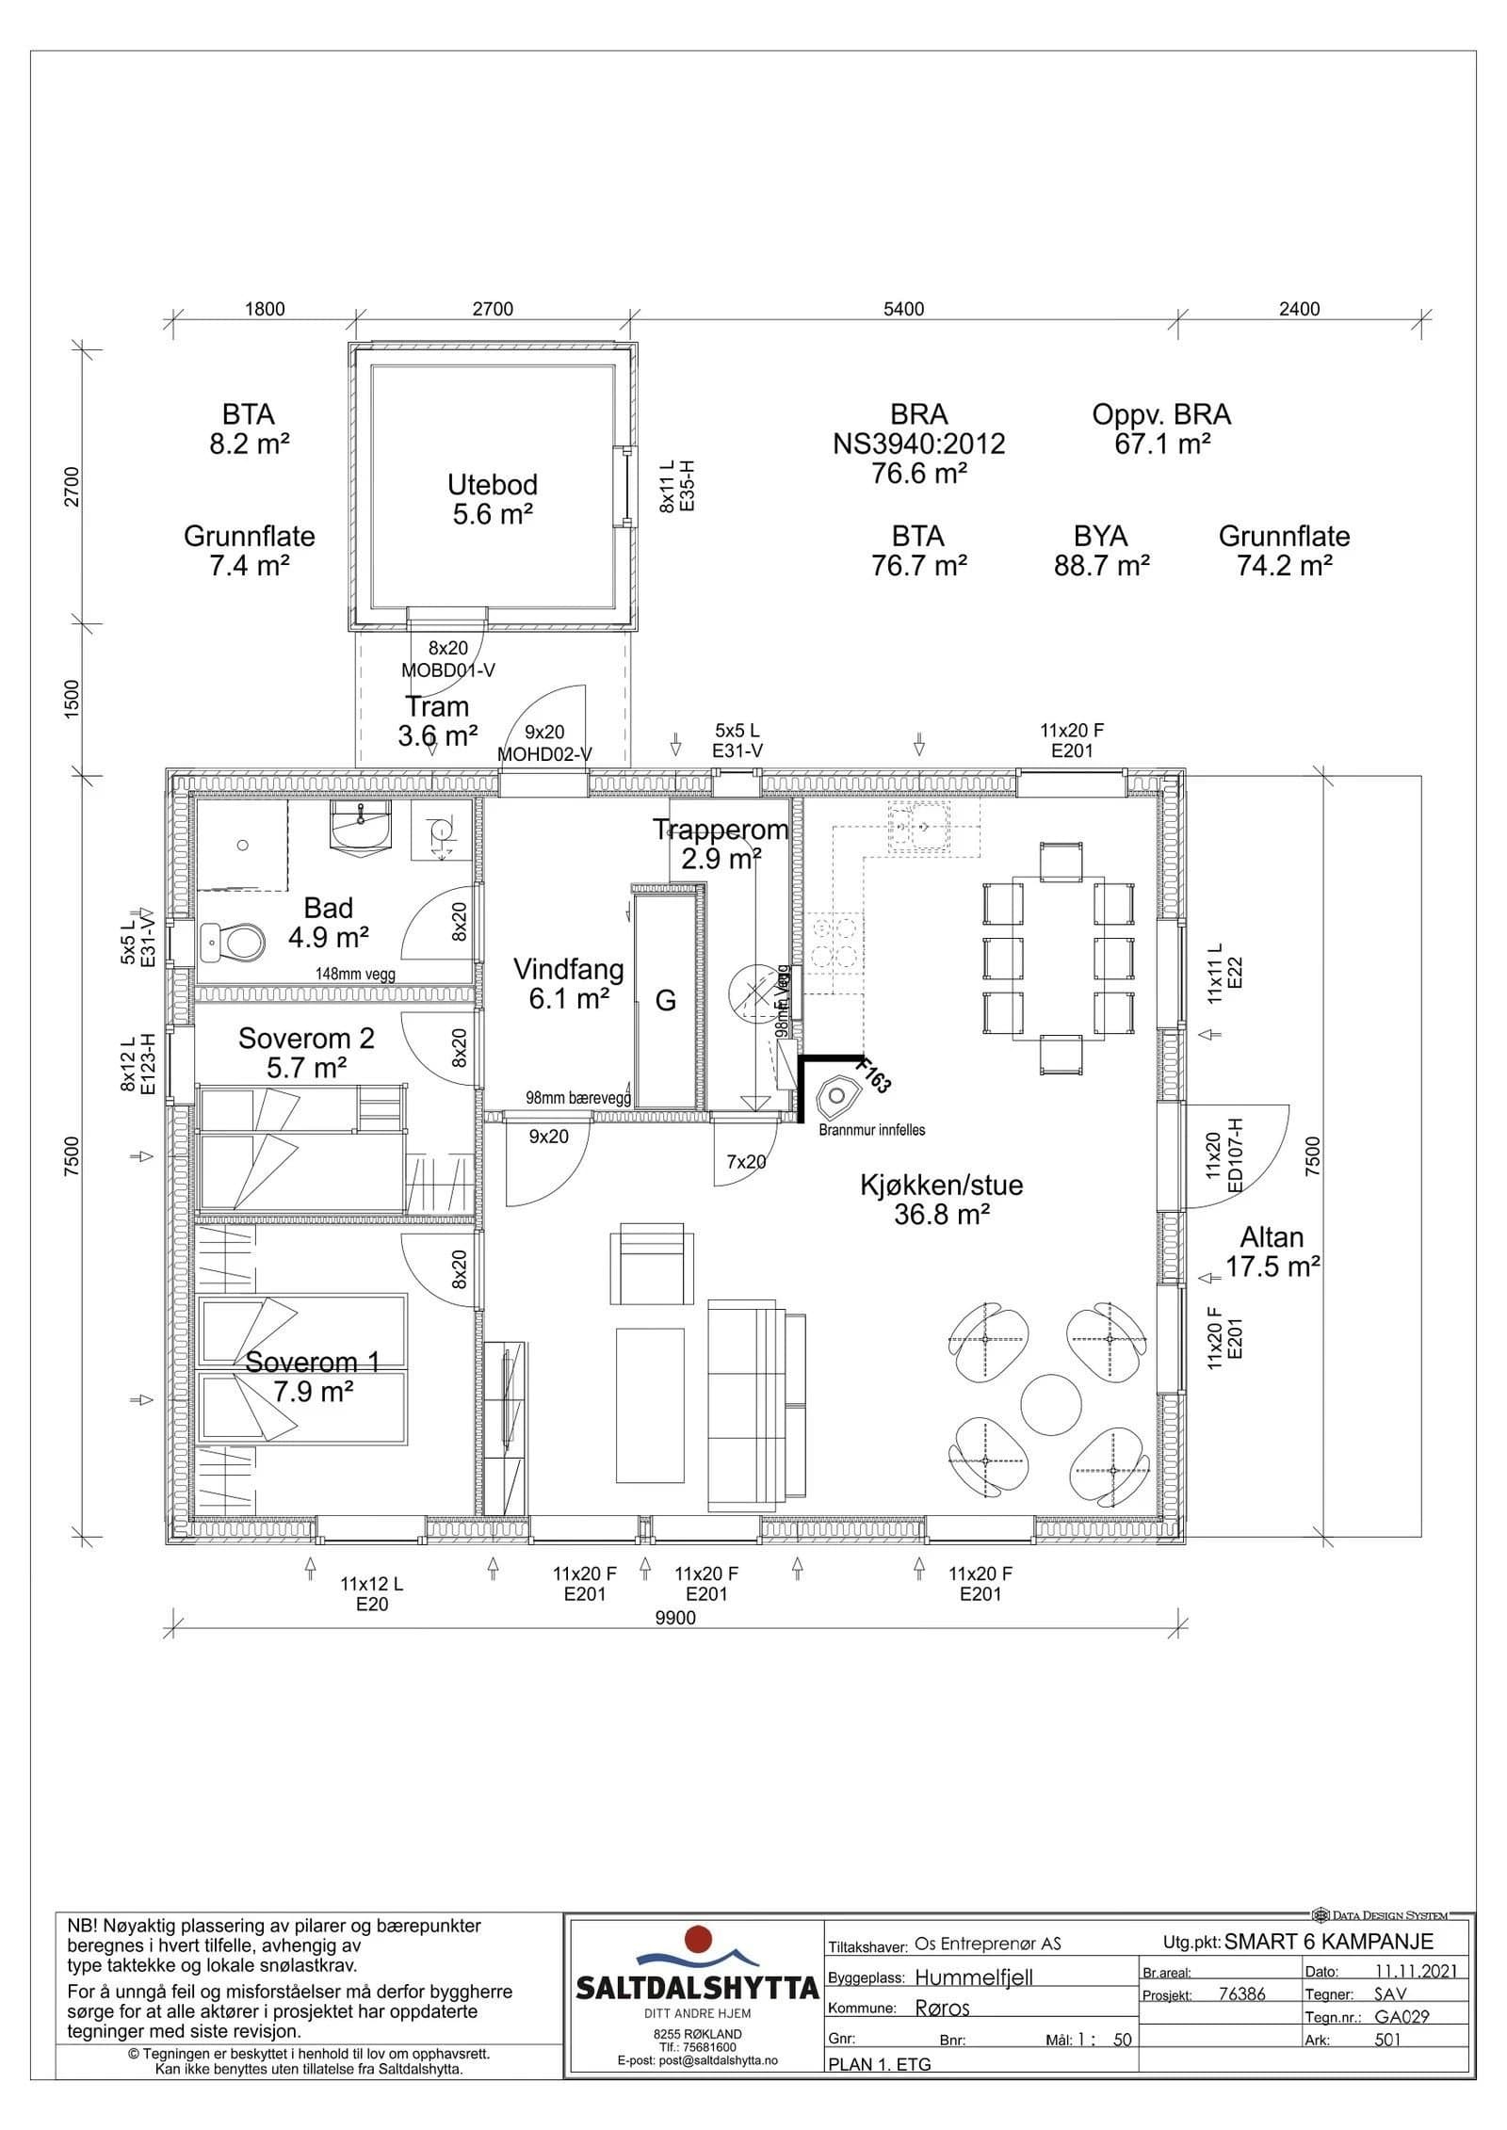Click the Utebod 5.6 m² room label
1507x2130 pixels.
pos(492,499)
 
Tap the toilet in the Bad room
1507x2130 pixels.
pos(233,941)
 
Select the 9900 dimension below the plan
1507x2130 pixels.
pos(674,1618)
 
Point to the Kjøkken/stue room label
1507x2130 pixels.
pos(942,1200)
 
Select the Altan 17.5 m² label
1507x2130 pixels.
pos(1272,1252)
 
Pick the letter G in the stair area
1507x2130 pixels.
pos(666,1000)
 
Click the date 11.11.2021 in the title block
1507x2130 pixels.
pos(1416,1971)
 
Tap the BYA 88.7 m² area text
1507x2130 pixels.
pos(1101,551)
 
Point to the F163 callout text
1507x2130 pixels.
pos(872,1074)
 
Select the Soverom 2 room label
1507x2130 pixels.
pos(306,1053)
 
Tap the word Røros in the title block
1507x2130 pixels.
pos(943,2008)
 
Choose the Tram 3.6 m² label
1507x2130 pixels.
pos(437,721)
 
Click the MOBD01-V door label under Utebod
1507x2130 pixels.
pos(447,670)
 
